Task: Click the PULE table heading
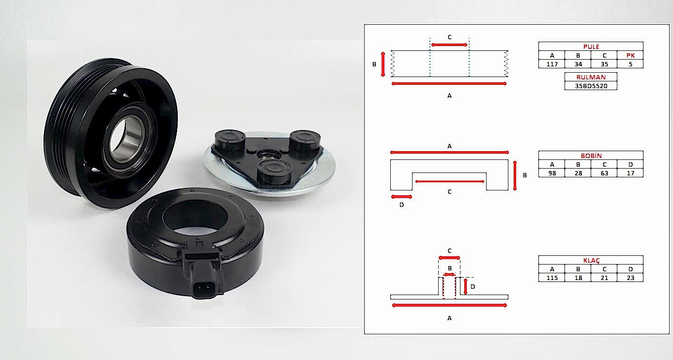[x=591, y=47]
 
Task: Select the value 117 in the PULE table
[x=552, y=64]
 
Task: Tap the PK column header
[x=630, y=55]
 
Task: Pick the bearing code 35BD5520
[x=591, y=86]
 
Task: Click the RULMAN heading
[x=591, y=78]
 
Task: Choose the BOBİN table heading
[x=591, y=156]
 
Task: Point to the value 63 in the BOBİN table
[x=604, y=173]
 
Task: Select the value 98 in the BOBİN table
[x=552, y=173]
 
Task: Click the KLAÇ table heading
[x=591, y=261]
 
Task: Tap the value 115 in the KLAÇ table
[x=552, y=278]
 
